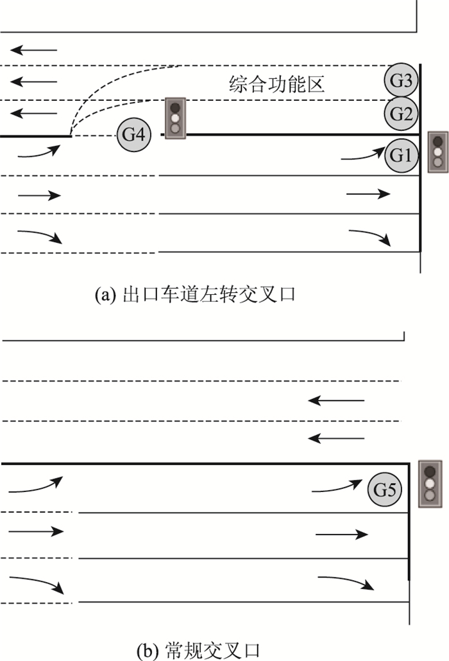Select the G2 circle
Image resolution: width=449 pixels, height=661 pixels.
point(402,114)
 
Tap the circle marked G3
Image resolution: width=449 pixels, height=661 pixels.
point(402,82)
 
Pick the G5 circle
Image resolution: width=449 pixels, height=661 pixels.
point(384,490)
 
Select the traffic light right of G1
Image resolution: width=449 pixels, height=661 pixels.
point(438,152)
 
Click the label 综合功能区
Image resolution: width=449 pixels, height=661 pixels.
point(276,84)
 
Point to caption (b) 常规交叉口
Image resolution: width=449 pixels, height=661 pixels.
point(198,650)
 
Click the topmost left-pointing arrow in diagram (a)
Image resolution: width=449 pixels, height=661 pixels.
point(34,49)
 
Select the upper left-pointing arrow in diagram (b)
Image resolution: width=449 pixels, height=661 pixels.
point(336,401)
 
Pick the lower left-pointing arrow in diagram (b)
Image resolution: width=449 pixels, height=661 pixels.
point(336,439)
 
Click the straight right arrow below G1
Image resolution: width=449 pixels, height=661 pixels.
point(368,193)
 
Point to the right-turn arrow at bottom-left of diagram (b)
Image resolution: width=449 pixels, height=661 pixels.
point(36,585)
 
